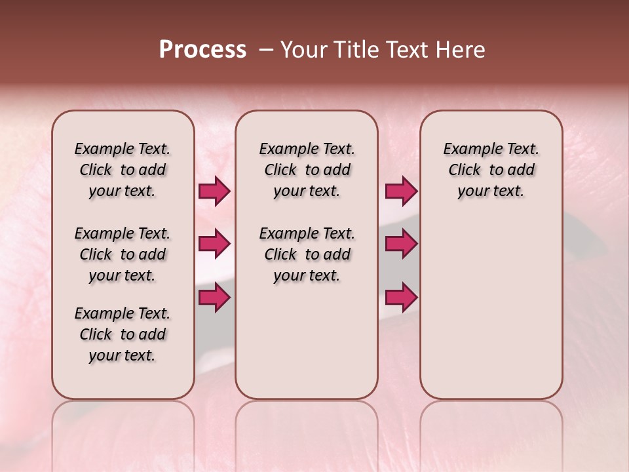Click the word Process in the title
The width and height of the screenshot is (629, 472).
[x=202, y=50]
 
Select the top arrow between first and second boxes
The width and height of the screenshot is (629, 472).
[x=214, y=191]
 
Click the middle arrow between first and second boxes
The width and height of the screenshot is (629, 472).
[x=214, y=245]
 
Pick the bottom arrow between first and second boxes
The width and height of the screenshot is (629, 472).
[x=214, y=298]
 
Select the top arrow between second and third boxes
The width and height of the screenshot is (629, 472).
[x=401, y=191]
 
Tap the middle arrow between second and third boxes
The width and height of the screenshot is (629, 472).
[x=401, y=245]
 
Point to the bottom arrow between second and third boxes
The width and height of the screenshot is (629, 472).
[x=401, y=298]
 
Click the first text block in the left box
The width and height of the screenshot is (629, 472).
[x=123, y=170]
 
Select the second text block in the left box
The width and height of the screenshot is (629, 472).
[x=123, y=254]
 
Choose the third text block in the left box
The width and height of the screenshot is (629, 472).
[x=123, y=334]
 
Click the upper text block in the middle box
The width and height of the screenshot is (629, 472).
[x=307, y=170]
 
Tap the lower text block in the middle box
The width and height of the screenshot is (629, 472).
[x=307, y=254]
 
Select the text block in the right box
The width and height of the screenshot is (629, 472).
[x=491, y=170]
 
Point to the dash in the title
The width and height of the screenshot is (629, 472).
[x=266, y=50]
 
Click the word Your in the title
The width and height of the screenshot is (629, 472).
[x=303, y=50]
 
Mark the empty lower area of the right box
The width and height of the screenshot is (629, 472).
[x=491, y=308]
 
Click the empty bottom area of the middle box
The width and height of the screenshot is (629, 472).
[x=307, y=347]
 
